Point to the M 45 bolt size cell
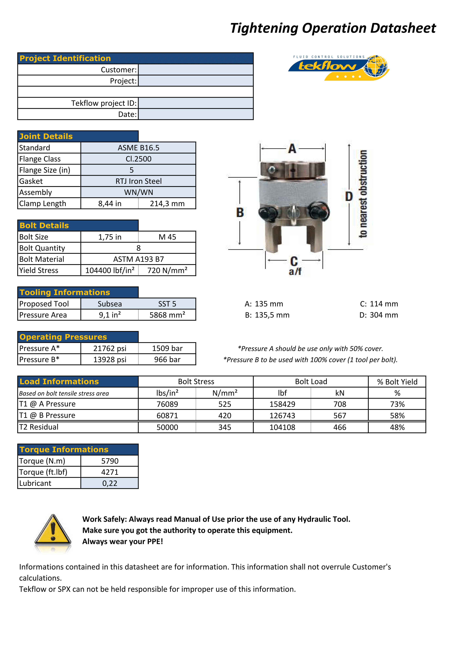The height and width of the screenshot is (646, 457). click(x=167, y=237)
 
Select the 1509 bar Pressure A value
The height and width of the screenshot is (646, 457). click(x=167, y=348)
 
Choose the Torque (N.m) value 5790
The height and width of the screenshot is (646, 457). click(x=110, y=461)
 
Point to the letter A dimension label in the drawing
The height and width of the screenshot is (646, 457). click(x=292, y=149)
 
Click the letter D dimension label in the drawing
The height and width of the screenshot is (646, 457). click(x=349, y=196)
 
